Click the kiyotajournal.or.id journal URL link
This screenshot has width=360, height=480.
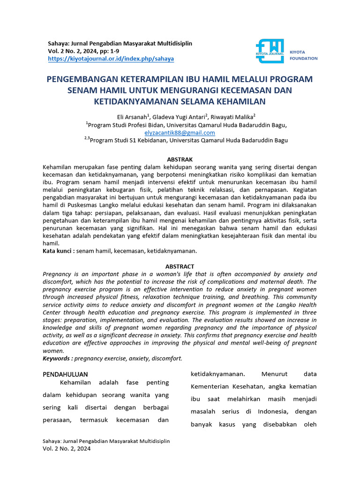(111, 59)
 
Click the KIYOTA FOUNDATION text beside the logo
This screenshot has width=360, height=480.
(303, 55)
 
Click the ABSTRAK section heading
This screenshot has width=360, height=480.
(180, 160)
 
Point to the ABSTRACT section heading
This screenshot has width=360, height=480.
(180, 266)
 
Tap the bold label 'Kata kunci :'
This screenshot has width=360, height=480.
(59, 251)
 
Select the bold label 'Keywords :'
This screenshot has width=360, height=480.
(58, 358)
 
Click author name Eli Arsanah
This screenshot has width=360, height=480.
(132, 117)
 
